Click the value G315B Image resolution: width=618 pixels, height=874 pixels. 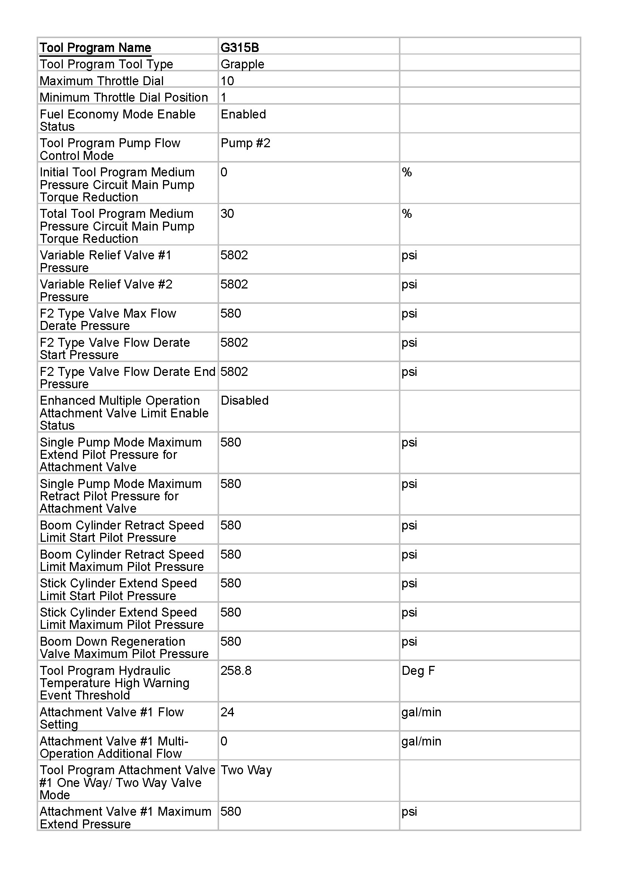coord(240,47)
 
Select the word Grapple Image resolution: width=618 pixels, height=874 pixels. coord(242,64)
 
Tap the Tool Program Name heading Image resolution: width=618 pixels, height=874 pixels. coord(95,47)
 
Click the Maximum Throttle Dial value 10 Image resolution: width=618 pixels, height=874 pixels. coord(227,81)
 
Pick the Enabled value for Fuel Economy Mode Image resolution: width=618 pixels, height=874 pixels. coord(243,114)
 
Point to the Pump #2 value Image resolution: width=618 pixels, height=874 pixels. coord(245,143)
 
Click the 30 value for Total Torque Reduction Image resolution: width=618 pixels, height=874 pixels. coord(227,214)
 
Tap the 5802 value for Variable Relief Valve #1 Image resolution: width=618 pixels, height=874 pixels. coord(234,255)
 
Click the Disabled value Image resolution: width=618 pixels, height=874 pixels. coord(245,401)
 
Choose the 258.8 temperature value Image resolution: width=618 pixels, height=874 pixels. coord(236,670)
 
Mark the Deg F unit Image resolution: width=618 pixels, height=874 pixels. coord(418,670)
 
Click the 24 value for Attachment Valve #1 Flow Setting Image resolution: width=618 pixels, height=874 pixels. coord(227,712)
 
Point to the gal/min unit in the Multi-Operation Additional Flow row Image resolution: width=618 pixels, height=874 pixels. coord(421,741)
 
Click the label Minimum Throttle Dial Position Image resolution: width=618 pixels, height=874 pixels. coord(124,98)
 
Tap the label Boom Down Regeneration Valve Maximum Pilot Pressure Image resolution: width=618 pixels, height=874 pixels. coord(124,648)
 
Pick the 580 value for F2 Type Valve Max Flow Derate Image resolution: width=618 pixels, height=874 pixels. coord(230,313)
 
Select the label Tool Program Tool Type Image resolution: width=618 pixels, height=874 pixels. coord(106,64)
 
